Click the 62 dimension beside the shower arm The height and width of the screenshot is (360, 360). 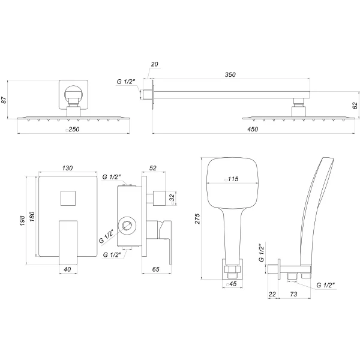tap(355, 104)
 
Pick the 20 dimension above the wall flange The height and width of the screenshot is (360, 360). tap(155, 64)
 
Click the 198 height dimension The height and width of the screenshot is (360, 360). tap(23, 221)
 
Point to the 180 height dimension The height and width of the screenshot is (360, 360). tap(33, 216)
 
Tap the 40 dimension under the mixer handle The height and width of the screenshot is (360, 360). tap(68, 269)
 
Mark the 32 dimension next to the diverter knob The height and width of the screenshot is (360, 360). tap(172, 197)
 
